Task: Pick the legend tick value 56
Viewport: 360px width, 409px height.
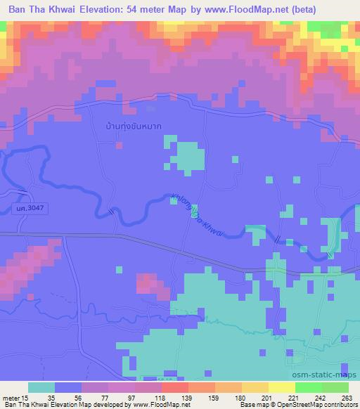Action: point(83,396)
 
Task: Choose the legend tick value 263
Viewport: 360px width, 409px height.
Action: point(345,396)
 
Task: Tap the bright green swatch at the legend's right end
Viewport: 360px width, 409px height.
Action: point(335,387)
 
